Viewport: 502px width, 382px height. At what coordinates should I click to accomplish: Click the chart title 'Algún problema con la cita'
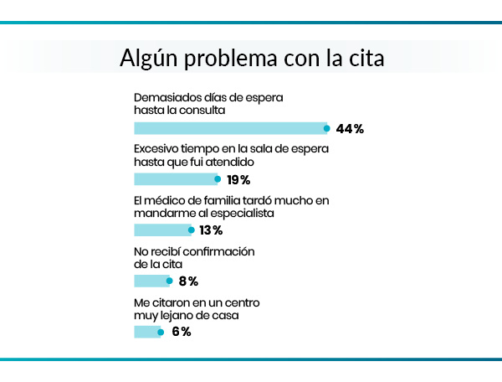pos(251,60)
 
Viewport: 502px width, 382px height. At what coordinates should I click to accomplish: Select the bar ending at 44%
pos(230,128)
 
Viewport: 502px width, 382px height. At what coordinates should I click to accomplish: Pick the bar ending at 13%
pos(162,230)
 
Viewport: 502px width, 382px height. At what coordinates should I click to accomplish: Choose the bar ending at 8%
pos(152,281)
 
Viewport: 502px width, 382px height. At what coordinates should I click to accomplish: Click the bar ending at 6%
pos(147,332)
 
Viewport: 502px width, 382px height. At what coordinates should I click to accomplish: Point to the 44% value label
pos(350,129)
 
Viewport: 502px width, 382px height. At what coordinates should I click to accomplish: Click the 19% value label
pos(239,180)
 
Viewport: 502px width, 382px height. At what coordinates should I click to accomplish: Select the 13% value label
pos(213,230)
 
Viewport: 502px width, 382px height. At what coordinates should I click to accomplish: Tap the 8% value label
pos(188,281)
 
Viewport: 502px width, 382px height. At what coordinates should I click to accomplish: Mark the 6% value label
pos(182,332)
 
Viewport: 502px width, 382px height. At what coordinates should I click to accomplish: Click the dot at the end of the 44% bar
pos(327,128)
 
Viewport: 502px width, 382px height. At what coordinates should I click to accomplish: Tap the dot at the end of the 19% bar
pos(218,179)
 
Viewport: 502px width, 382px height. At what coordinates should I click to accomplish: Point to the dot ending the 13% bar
pos(191,230)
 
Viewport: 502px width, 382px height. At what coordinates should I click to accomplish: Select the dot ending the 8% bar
pos(171,281)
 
